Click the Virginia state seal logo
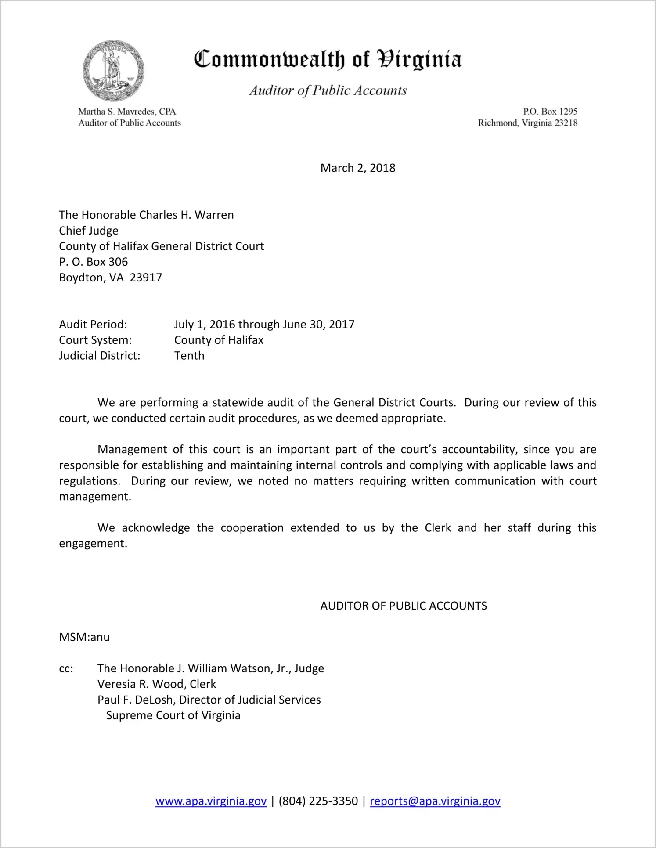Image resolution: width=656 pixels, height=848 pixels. coord(114,71)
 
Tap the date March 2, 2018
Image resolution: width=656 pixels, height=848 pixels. coord(358,168)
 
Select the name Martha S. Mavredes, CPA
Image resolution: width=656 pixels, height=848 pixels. coord(127,112)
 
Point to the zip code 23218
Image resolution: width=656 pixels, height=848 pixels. coord(566,123)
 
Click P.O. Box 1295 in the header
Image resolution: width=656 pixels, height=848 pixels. coord(550,112)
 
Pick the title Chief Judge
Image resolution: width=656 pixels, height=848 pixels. coord(89,231)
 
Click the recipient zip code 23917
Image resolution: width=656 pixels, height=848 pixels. coord(146,278)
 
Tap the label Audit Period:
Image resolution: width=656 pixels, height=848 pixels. coord(93,325)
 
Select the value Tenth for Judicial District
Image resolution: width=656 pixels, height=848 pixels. coord(189,356)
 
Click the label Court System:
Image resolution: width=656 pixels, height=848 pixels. coord(95,340)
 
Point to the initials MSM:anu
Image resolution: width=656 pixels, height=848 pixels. coord(84,637)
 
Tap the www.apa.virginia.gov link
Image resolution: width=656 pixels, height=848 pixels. coord(211,801)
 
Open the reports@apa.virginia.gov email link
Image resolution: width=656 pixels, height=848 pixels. coord(435,801)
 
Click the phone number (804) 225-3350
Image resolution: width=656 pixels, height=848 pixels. coord(318,801)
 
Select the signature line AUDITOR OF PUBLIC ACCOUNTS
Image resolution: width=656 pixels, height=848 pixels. coord(404,606)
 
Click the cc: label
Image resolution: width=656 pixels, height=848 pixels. coord(66,669)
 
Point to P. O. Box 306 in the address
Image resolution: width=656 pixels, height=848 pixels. coord(94,262)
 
